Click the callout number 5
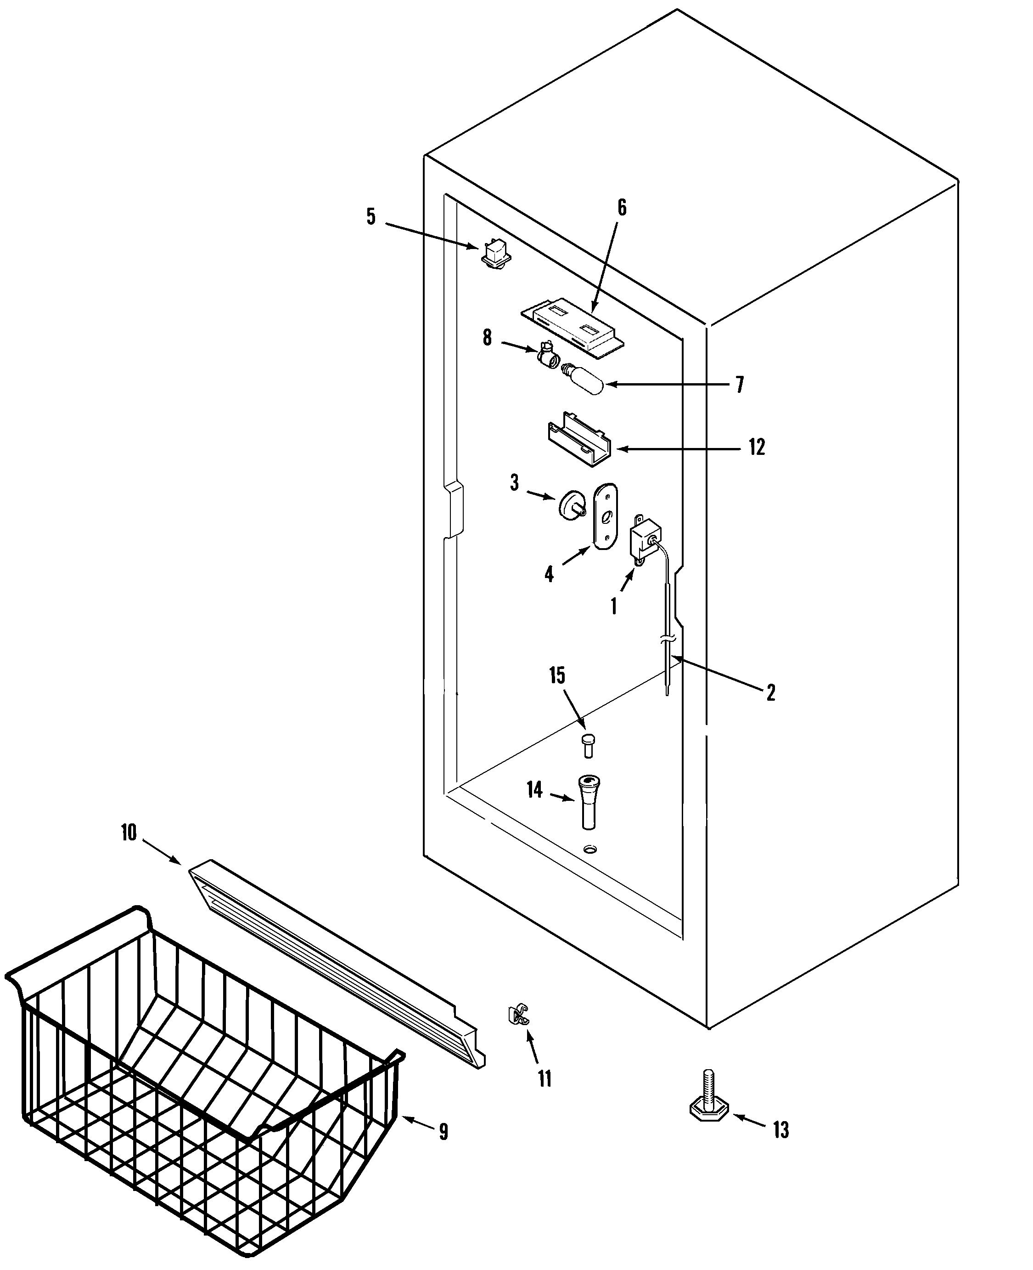pyautogui.click(x=371, y=217)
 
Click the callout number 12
pyautogui.click(x=756, y=447)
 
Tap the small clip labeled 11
pyautogui.click(x=518, y=1015)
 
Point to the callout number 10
pyautogui.click(x=129, y=833)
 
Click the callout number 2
pyautogui.click(x=770, y=692)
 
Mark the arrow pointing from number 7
pyautogui.click(x=667, y=385)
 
